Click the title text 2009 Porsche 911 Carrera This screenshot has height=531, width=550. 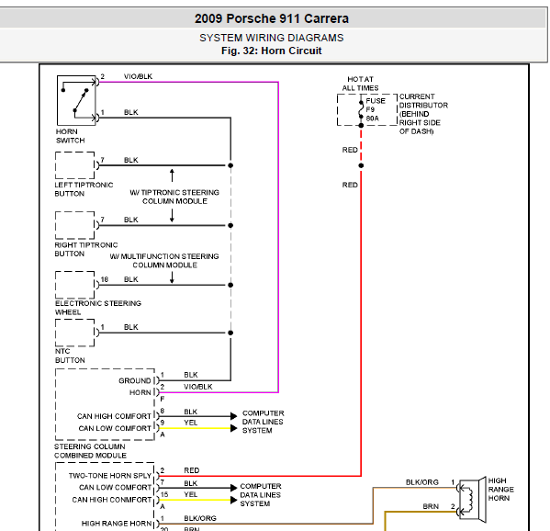pyautogui.click(x=272, y=18)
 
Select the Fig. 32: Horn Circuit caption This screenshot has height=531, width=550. pyautogui.click(x=272, y=51)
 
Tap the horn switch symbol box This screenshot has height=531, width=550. pyautogui.click(x=76, y=100)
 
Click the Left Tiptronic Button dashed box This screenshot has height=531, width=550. pyautogui.click(x=75, y=165)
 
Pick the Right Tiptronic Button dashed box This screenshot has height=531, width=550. pyautogui.click(x=75, y=225)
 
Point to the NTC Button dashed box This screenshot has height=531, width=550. pyautogui.click(x=75, y=333)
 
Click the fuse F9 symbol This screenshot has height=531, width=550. pyautogui.click(x=361, y=109)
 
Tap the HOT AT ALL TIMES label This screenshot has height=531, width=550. pyautogui.click(x=360, y=84)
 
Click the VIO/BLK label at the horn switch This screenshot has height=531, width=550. pyautogui.click(x=138, y=76)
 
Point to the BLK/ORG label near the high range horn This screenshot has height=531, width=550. pyautogui.click(x=422, y=482)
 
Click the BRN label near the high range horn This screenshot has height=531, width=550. pyautogui.click(x=431, y=506)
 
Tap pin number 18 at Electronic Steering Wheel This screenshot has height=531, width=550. pyautogui.click(x=105, y=279)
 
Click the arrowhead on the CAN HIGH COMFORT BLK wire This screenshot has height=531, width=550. pyautogui.click(x=233, y=416)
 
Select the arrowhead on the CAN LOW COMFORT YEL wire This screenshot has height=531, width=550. pyautogui.click(x=233, y=428)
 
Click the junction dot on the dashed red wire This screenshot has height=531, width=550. pyautogui.click(x=361, y=165)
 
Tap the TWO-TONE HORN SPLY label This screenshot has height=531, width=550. pyautogui.click(x=110, y=476)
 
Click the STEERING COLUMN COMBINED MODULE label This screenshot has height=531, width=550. pyautogui.click(x=90, y=451)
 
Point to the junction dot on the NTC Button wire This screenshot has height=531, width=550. pyautogui.click(x=230, y=333)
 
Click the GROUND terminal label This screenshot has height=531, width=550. pyautogui.click(x=135, y=380)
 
